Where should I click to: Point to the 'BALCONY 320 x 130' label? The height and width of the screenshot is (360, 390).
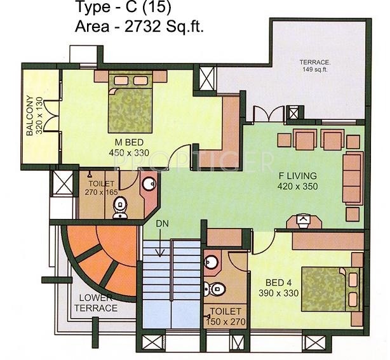click(33, 117)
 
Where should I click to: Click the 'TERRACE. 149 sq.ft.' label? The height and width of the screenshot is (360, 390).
click(316, 65)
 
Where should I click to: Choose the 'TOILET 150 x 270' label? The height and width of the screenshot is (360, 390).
click(225, 317)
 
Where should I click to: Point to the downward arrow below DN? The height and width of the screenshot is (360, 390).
click(162, 244)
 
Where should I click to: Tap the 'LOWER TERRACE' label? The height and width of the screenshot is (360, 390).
click(98, 303)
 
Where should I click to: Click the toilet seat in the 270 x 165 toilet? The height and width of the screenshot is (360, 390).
click(120, 208)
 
